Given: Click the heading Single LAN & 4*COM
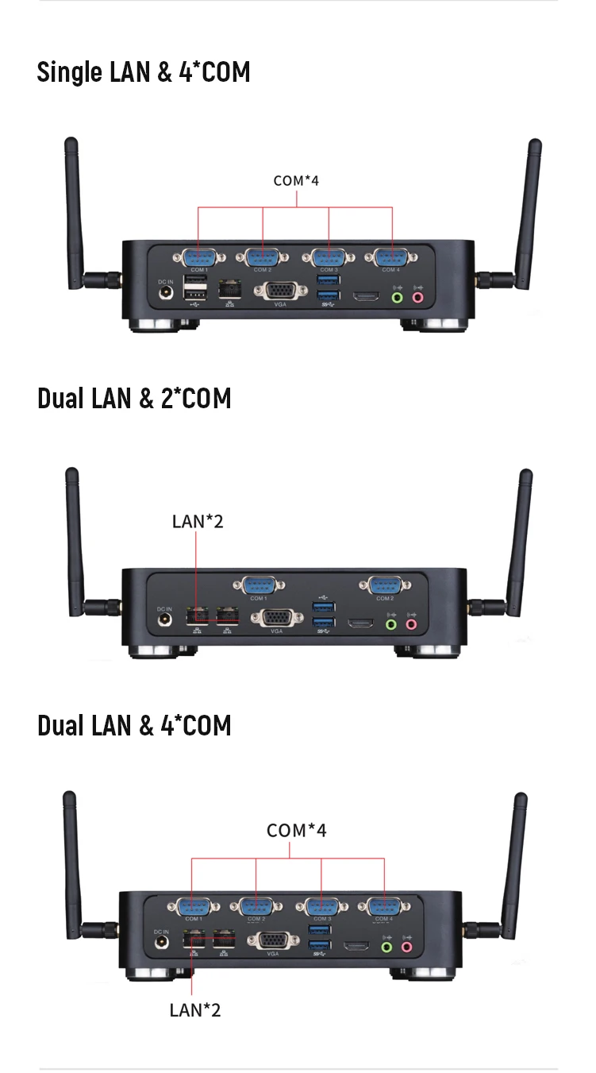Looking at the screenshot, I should pos(144,72).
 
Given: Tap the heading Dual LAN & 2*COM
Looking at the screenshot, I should pos(134,398).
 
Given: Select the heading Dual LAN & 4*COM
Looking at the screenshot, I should pos(134,725).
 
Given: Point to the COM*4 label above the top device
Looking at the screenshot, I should pos(296,180).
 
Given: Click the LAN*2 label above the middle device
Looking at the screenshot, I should pos(198,521).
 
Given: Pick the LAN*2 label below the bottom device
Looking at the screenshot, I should pos(195,1009).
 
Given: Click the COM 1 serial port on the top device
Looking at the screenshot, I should pos(198,257).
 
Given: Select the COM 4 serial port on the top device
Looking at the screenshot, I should pos(390,257).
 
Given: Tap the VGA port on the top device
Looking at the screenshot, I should pos(277,291).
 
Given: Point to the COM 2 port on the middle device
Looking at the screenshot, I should pos(385,585).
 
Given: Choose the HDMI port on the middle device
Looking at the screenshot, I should pos(361,623).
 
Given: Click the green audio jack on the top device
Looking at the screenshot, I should pos(398,298).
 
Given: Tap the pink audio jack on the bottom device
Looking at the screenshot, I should pos(407,946).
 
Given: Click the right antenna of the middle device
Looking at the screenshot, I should pos(521,540).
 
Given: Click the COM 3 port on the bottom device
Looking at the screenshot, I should pos(321,906).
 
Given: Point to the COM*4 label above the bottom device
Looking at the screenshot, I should pos(296,830).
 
